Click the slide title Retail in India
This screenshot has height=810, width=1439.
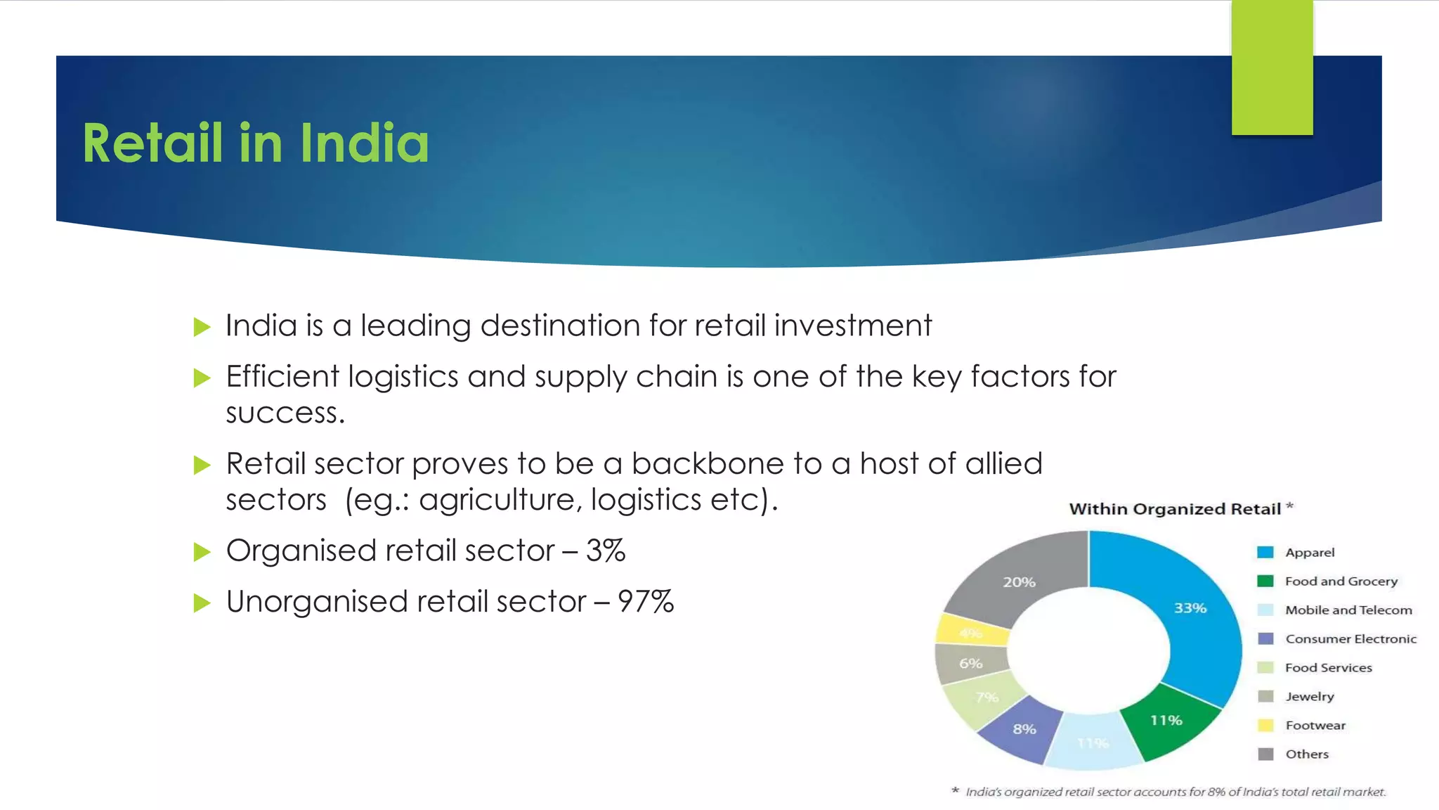tap(255, 143)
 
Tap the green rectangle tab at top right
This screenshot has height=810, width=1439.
tap(1272, 67)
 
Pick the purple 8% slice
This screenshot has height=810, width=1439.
tap(1023, 730)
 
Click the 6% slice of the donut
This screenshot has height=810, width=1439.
tap(970, 664)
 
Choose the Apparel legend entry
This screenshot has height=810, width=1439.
tap(1310, 553)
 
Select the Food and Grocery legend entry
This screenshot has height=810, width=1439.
tap(1341, 581)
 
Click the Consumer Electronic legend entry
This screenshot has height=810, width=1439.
tap(1350, 639)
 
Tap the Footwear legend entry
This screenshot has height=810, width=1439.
tap(1315, 726)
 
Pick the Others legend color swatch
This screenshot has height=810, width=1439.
tap(1265, 754)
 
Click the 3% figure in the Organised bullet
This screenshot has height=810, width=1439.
tap(606, 551)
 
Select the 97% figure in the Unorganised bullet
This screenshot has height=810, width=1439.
tap(646, 603)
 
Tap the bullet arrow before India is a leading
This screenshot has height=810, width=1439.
tap(202, 327)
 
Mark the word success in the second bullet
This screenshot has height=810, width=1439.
tap(285, 413)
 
